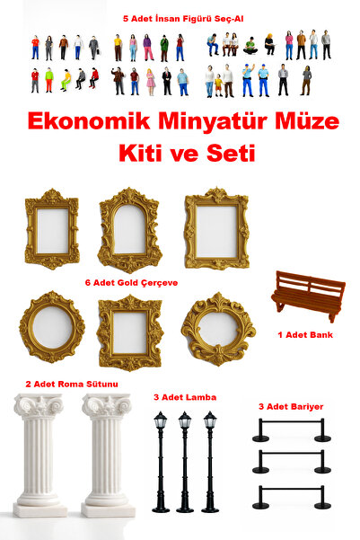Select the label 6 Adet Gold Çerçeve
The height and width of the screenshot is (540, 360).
point(131,281)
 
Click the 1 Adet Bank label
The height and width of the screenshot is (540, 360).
point(304,334)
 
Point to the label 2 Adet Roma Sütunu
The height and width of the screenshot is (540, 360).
point(72,384)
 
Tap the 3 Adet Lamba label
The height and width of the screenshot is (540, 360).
point(185,396)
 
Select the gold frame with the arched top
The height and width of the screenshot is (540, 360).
point(129,229)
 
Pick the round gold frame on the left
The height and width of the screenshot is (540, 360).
point(52,328)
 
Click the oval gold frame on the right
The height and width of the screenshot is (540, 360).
point(218,328)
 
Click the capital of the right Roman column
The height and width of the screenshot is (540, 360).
point(108,405)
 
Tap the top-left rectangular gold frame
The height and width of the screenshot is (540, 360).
point(51,229)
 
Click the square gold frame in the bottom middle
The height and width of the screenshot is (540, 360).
point(129,332)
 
